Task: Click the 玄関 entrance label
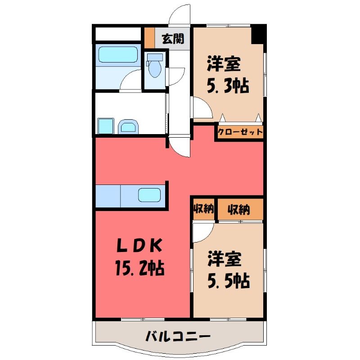tap(173, 39)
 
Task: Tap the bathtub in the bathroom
tap(118, 54)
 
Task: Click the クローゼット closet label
tap(240, 132)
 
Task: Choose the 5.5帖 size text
tap(229, 280)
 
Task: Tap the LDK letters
tap(139, 245)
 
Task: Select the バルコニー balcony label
tap(178, 337)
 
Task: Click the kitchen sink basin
tap(149, 195)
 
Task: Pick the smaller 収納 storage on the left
tap(203, 209)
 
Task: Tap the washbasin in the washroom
tap(128, 126)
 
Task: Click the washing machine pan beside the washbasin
tap(106, 126)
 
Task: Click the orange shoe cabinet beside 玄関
tap(149, 38)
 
